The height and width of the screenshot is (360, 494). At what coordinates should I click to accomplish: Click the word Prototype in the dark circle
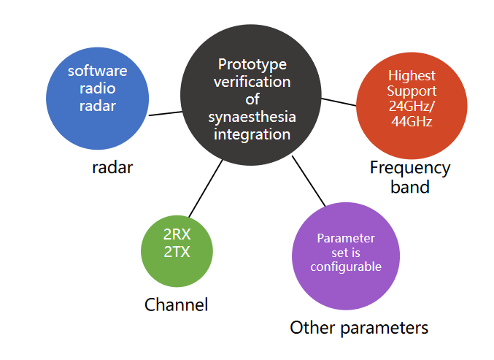[x=252, y=65]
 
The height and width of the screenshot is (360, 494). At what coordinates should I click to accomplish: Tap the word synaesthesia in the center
[x=252, y=118]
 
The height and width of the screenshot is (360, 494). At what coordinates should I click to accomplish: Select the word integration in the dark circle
[x=252, y=134]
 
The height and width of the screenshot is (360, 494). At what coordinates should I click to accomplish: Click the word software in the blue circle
[x=97, y=71]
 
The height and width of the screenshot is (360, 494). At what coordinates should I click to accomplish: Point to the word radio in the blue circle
[x=97, y=88]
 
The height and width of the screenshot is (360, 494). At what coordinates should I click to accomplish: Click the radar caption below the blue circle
[x=112, y=167]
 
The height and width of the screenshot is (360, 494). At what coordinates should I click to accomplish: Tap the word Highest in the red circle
[x=412, y=76]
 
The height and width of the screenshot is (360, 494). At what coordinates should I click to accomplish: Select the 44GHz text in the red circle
[x=412, y=121]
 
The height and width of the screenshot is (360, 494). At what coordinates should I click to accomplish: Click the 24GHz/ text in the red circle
[x=412, y=106]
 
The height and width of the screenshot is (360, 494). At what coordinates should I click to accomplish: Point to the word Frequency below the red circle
[x=410, y=169]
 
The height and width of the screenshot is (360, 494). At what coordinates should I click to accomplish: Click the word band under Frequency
[x=410, y=187]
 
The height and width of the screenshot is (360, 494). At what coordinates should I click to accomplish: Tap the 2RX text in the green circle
[x=177, y=234]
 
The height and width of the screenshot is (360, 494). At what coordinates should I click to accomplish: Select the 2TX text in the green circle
[x=177, y=252]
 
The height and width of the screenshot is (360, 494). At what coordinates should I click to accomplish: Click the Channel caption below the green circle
[x=176, y=305]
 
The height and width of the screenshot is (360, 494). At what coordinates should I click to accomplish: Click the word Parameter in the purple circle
[x=346, y=238]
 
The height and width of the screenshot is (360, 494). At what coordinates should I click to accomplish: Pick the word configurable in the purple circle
[x=346, y=267]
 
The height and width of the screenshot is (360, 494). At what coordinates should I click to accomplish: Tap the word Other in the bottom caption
[x=312, y=328]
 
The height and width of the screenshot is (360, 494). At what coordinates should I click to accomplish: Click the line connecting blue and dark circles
[x=166, y=113]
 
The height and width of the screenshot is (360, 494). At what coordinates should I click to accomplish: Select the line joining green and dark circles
[x=206, y=188]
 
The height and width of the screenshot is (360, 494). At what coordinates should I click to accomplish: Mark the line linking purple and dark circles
[x=309, y=181]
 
